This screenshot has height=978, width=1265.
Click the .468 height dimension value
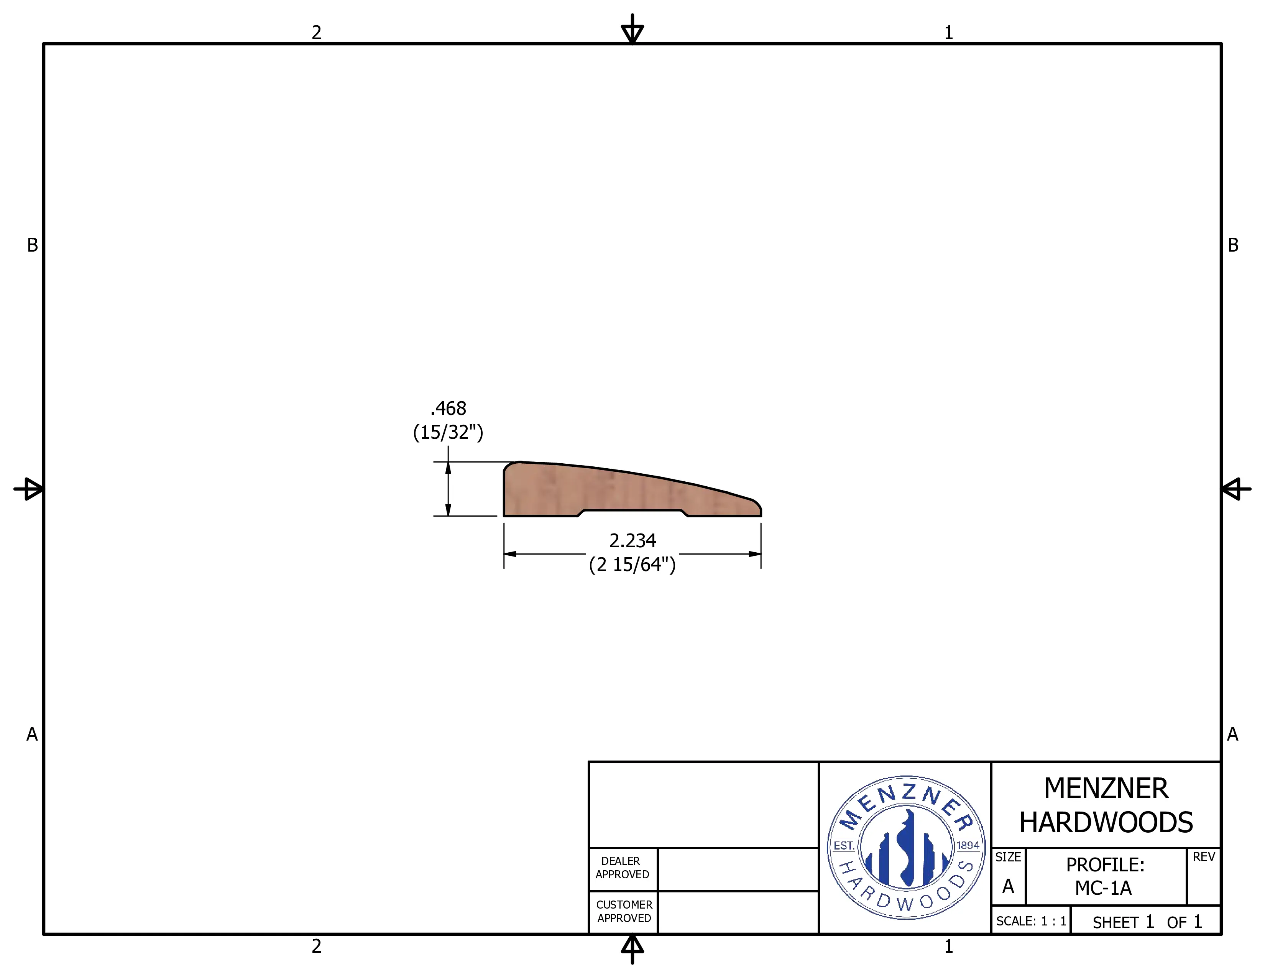point(449,408)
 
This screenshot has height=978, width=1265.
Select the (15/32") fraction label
point(449,432)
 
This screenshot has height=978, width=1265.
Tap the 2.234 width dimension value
point(632,540)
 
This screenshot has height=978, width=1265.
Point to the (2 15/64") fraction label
point(632,564)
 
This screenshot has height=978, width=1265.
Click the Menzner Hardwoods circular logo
point(906,847)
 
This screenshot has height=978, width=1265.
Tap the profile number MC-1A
point(1103,887)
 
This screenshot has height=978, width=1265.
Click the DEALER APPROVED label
point(622,867)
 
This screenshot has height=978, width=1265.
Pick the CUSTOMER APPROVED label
point(624,911)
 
